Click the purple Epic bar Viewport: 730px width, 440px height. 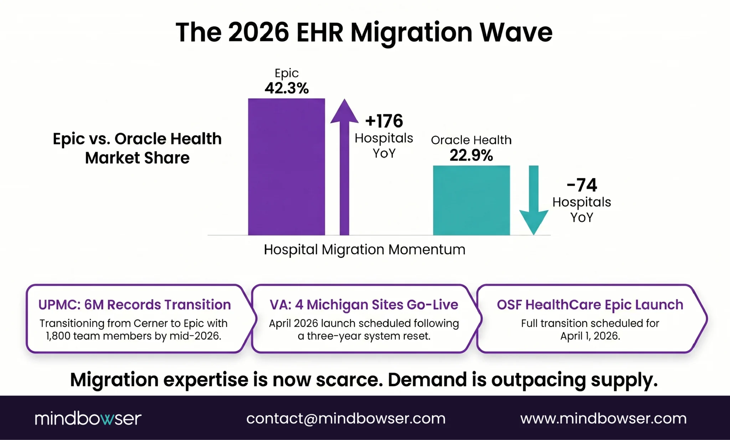pos(286,167)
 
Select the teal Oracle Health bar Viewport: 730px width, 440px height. pos(471,200)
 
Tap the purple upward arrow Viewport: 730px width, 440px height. pos(344,168)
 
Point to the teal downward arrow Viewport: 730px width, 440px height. pos(534,200)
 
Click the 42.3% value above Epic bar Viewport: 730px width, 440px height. pos(287,88)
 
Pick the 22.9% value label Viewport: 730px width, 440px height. pos(471,155)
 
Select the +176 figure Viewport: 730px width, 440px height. pos(384,121)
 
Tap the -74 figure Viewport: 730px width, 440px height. pos(582,185)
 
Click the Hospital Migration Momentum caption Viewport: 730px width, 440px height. pos(364,250)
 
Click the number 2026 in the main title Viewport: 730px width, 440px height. pos(258,32)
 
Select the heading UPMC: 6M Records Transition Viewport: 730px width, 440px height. pos(134,305)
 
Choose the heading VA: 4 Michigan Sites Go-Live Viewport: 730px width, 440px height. pos(364,305)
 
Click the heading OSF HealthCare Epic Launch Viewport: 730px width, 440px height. pos(590,305)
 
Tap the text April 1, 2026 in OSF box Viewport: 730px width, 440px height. pos(590,336)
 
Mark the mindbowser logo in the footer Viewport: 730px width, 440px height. pos(88,418)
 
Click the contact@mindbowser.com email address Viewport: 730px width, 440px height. pos(346,418)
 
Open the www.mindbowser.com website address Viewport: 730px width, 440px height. pos(603,418)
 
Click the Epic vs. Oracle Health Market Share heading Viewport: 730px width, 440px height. pos(137,148)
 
